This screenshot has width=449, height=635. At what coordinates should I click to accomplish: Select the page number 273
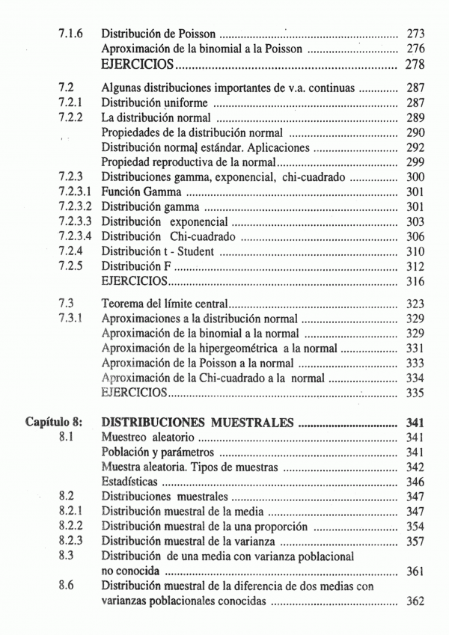point(415,34)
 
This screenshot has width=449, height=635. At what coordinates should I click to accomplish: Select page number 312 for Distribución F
point(415,266)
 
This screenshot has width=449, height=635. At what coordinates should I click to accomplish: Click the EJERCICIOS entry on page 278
point(139,64)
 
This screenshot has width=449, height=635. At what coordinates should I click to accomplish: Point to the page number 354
point(415,526)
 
